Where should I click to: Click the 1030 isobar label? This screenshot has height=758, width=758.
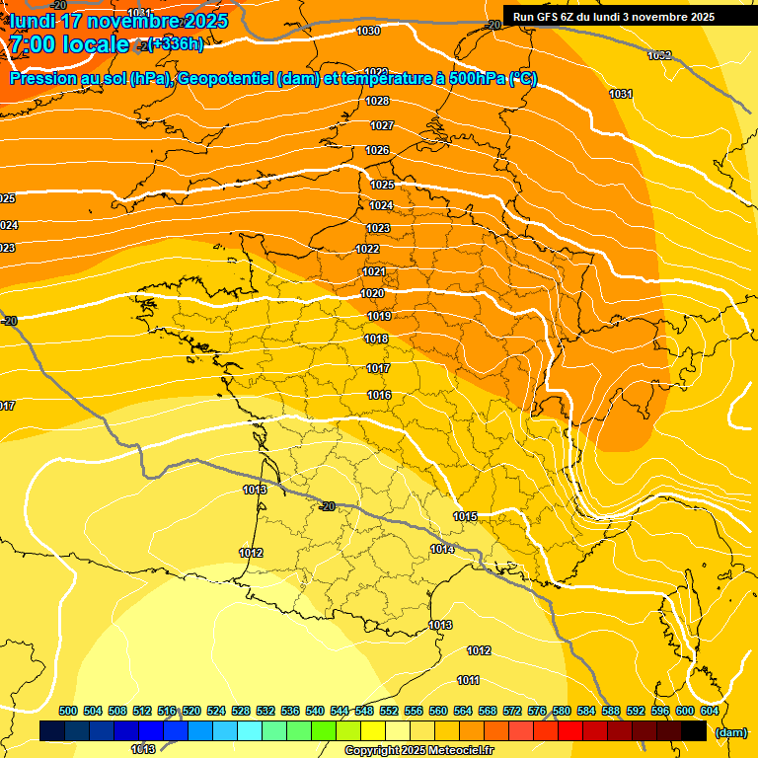point(368,32)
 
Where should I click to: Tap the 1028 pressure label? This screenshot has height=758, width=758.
point(377,102)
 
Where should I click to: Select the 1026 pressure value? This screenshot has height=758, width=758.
point(377,151)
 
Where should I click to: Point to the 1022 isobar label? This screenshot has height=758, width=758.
point(368,250)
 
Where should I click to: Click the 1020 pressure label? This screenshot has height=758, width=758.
point(372,294)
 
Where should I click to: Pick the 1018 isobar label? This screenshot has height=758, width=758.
point(376,340)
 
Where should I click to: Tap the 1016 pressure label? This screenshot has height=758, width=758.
point(379,396)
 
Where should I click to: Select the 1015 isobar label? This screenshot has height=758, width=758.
point(466,517)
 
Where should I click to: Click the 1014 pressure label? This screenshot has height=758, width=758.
point(442,550)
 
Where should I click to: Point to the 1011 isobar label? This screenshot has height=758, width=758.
point(469,681)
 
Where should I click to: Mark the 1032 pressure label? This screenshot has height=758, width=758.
point(659,55)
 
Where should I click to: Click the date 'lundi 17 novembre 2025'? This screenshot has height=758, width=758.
point(118,21)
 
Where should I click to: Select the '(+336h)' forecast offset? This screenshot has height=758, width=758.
point(176,43)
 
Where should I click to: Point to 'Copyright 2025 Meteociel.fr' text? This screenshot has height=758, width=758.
point(419,751)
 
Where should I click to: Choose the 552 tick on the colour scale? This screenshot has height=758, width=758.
point(389,712)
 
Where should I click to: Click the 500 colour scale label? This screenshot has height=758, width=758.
point(68,712)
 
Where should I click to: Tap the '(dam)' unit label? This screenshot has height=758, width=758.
point(730,733)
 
